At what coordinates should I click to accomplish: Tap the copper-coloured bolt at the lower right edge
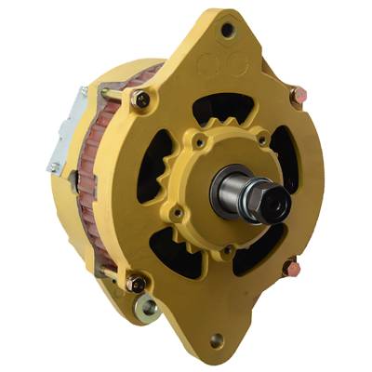[291, 268]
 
